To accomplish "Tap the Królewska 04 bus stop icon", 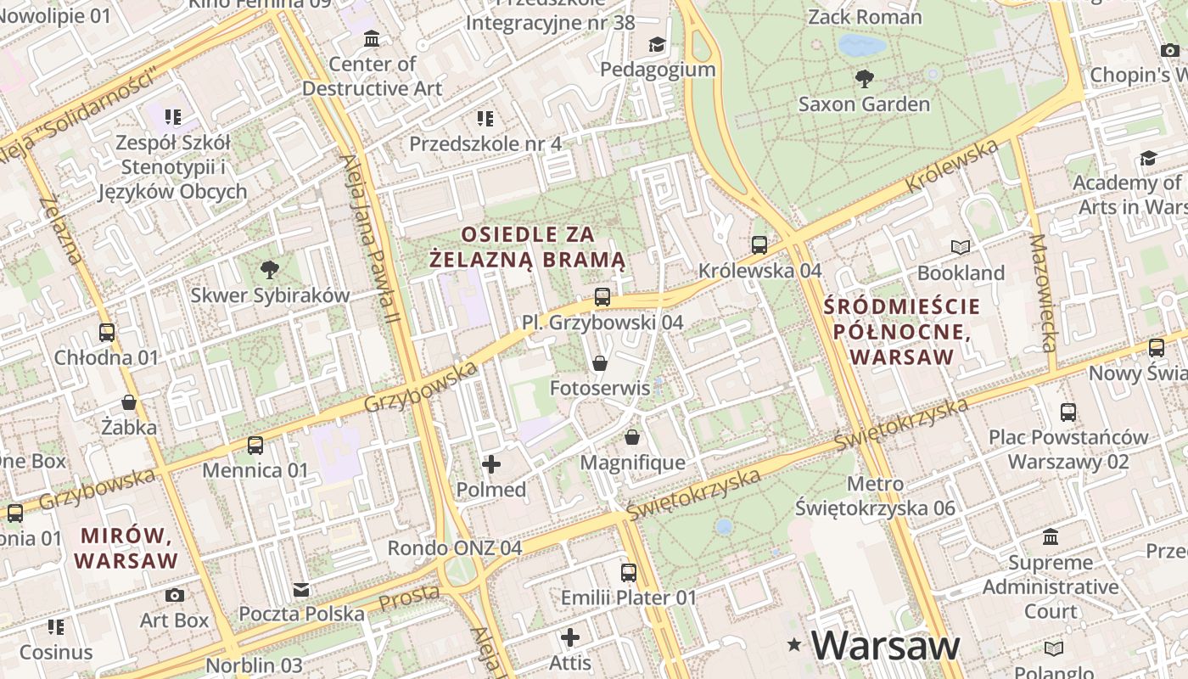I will [x=759, y=245].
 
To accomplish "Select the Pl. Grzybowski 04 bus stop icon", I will [x=602, y=297].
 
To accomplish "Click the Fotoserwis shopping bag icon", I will [x=600, y=363].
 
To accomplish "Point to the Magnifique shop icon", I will [x=632, y=437].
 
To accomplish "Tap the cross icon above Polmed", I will [x=491, y=464].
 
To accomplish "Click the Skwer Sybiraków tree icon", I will [x=270, y=270].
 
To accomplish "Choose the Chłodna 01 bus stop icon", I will [x=107, y=333].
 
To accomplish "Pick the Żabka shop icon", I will [x=129, y=401].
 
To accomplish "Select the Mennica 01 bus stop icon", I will [x=255, y=445].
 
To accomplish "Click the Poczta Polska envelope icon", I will [x=301, y=589].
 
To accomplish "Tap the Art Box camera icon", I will [x=174, y=595].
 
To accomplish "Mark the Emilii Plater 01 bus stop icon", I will [x=629, y=573].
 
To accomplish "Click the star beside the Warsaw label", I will [x=794, y=645].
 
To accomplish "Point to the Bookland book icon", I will [x=961, y=247].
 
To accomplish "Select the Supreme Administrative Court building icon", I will [x=1051, y=537].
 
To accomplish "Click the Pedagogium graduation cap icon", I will [x=658, y=44].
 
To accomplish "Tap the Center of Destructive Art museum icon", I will [x=372, y=39].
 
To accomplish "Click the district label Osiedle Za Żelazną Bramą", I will [x=527, y=246].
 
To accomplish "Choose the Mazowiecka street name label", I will [x=1043, y=293].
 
